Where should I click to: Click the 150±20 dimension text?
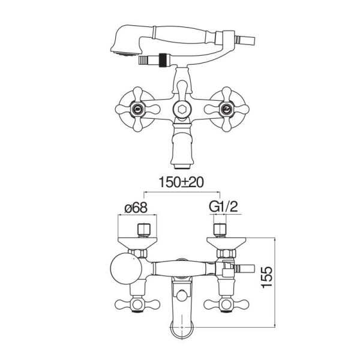click(x=181, y=182)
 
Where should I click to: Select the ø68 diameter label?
click(x=136, y=208)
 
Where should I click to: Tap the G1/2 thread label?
click(x=223, y=206)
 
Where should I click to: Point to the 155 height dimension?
click(x=267, y=277)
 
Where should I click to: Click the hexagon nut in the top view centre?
click(x=181, y=109)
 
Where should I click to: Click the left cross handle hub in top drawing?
click(x=137, y=109)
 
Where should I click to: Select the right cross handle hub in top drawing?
click(x=227, y=109)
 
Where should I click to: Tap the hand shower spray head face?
click(x=126, y=54)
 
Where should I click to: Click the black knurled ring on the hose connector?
click(x=163, y=60)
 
